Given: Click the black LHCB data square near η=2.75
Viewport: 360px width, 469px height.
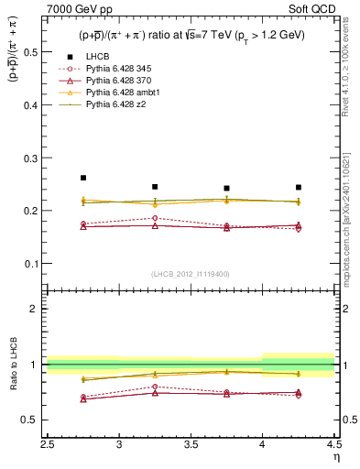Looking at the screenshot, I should [83, 178].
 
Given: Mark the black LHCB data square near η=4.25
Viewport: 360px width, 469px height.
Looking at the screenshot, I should [299, 187].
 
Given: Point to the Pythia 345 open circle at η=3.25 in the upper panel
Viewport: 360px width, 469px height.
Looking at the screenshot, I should [155, 218].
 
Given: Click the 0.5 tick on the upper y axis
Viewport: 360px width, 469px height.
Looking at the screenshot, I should [35, 51].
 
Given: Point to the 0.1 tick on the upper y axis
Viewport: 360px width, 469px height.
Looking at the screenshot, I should [35, 264].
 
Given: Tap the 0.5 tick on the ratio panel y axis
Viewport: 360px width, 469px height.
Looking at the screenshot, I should [35, 420].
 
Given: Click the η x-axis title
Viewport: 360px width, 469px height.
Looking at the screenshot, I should [335, 457].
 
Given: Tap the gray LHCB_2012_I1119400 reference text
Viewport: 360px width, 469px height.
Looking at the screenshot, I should [191, 274].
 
